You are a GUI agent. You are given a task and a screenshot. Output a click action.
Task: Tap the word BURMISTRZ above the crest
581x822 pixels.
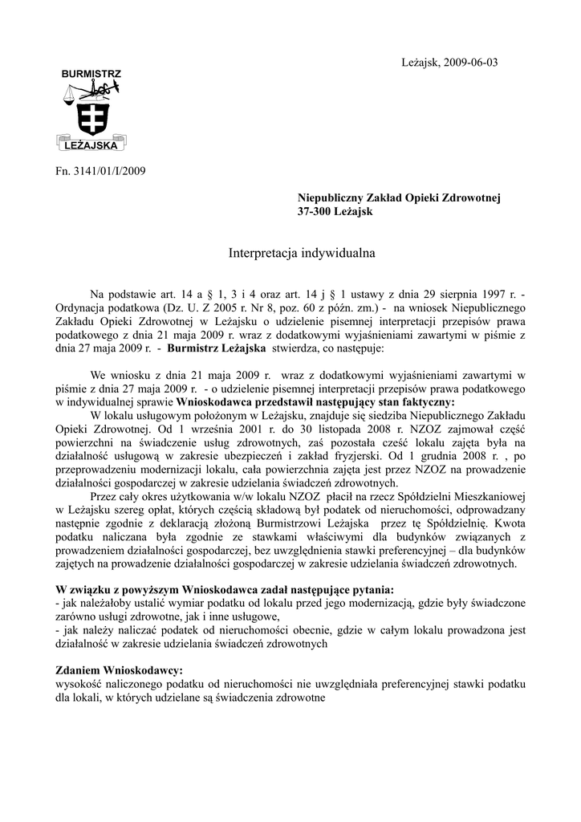click(x=91, y=74)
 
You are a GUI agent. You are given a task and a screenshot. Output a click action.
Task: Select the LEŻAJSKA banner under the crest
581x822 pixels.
click(x=91, y=146)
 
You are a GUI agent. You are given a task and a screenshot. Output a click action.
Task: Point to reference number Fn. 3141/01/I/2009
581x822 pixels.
click(x=100, y=170)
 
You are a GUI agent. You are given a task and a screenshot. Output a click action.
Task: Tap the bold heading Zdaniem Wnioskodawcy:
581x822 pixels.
click(x=119, y=669)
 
